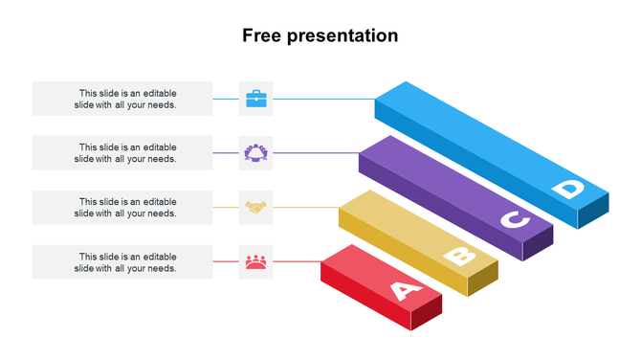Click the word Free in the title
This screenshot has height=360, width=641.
tap(261, 35)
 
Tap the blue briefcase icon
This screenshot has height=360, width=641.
tap(256, 99)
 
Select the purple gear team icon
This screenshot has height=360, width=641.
tap(256, 152)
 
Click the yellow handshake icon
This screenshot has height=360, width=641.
tap(256, 207)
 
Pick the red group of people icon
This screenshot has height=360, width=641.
tap(256, 261)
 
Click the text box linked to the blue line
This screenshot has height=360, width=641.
tap(122, 99)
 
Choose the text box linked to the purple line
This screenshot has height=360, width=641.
tap(122, 152)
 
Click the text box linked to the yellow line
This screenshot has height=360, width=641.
tap(122, 207)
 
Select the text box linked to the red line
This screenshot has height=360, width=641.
tap(122, 261)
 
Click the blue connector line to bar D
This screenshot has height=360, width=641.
tap(325, 99)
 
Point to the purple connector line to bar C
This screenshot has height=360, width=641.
tap(316, 153)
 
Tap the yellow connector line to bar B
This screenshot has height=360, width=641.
tap(306, 207)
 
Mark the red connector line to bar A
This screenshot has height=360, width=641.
tap(297, 261)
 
